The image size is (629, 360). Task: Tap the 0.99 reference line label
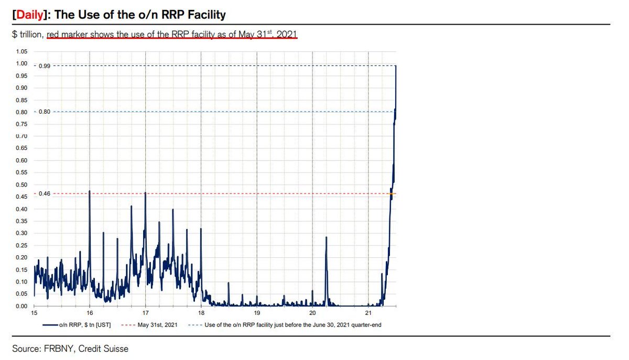tap(44, 66)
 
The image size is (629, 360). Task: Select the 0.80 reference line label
tap(44, 112)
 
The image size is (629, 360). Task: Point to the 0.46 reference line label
tap(44, 194)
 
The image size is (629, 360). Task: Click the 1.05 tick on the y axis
tap(21, 51)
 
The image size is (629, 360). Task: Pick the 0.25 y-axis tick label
tap(21, 245)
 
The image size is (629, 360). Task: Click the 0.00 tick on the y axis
tap(21, 306)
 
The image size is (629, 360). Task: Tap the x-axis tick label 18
tap(201, 313)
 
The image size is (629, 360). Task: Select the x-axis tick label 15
tap(34, 313)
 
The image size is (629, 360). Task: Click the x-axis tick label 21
tap(368, 313)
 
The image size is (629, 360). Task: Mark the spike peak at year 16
tap(90, 191)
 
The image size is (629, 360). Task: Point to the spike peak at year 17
tap(145, 193)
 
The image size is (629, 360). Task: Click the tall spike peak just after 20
tap(326, 237)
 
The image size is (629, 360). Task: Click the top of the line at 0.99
tap(396, 66)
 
